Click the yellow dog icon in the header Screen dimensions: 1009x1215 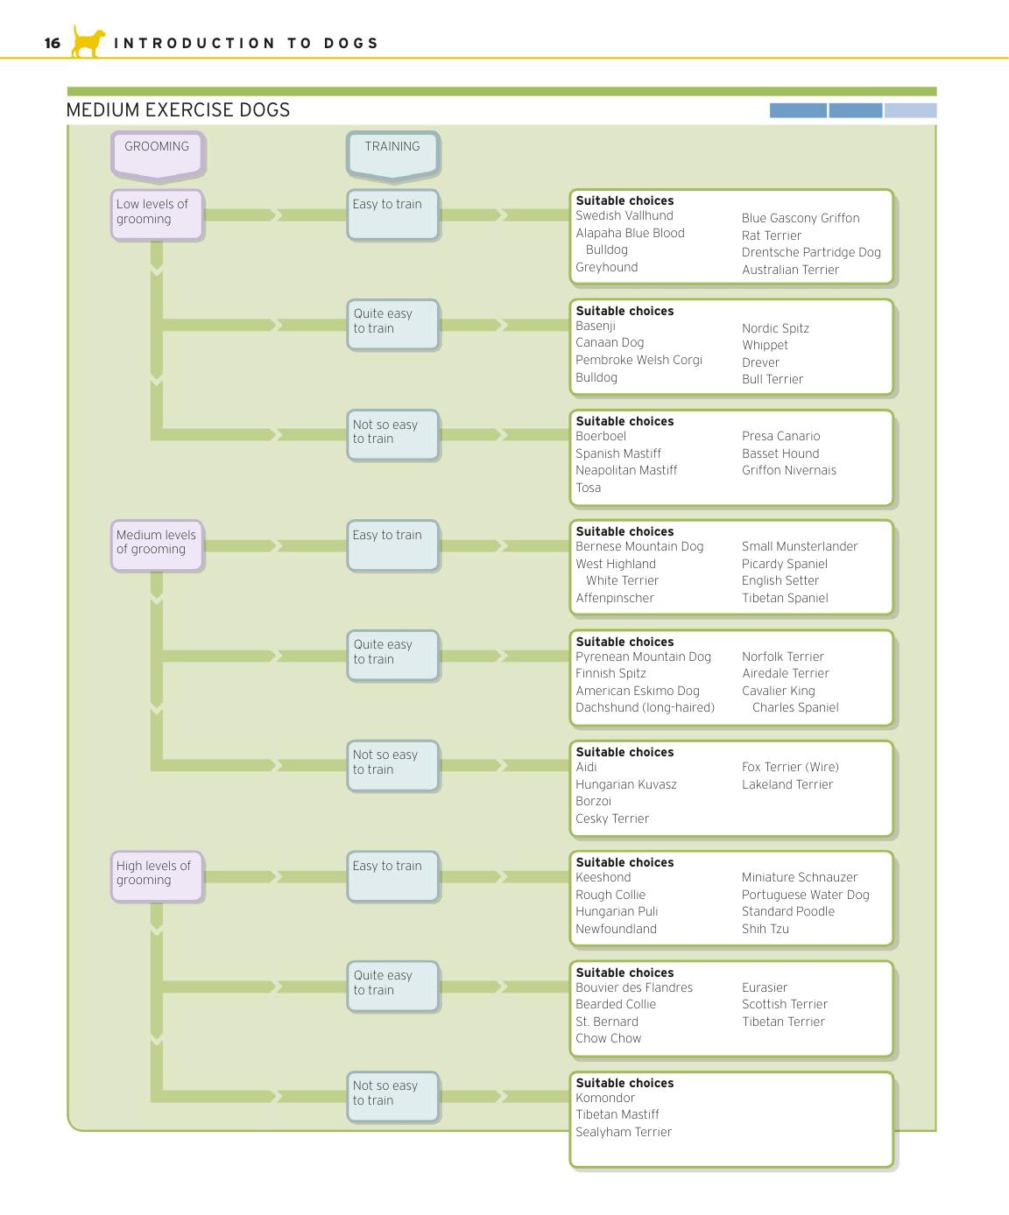[88, 41]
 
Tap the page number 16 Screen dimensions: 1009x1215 [53, 43]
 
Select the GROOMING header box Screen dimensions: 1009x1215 [157, 153]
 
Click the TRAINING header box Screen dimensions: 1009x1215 [393, 153]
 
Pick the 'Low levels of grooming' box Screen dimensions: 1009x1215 [157, 214]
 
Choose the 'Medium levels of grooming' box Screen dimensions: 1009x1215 [157, 545]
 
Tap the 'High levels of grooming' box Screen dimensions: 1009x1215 [157, 876]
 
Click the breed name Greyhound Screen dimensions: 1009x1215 [607, 268]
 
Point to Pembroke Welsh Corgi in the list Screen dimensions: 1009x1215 [639, 360]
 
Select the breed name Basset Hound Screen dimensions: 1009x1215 [780, 453]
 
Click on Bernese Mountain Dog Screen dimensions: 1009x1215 [639, 546]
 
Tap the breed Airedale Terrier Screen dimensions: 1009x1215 [786, 673]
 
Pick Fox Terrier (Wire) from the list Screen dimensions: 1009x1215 [790, 767]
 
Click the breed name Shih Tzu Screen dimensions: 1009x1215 [765, 929]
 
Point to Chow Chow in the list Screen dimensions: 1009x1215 [609, 1038]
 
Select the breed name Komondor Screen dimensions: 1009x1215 [605, 1098]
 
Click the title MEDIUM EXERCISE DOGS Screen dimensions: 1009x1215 [178, 110]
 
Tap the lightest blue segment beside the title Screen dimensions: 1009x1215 [910, 110]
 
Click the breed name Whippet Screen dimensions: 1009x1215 [765, 345]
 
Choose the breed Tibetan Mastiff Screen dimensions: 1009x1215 [617, 1114]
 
